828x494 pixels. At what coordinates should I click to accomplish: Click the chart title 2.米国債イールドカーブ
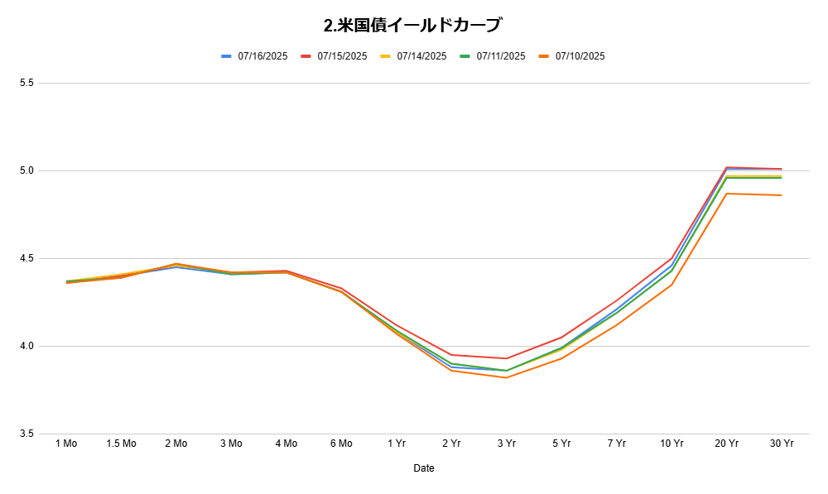point(413,25)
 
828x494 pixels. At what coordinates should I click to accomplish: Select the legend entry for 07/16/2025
point(254,56)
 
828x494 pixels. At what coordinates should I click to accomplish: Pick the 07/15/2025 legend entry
point(334,56)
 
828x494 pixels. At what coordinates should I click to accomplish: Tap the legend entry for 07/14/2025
point(413,56)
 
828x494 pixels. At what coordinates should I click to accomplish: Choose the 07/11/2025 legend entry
point(493,56)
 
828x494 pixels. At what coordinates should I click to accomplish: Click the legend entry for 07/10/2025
point(572,56)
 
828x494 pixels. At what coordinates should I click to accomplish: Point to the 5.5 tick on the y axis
point(27,83)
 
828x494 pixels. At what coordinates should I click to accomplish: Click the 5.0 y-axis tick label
point(27,170)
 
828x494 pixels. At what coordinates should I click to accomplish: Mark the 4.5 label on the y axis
point(27,259)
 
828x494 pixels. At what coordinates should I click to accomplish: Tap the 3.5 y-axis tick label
point(27,434)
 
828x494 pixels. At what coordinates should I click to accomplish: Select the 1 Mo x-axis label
point(66,444)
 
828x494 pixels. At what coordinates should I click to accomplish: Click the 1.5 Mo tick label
point(122,444)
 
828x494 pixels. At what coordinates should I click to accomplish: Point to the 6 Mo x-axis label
point(341,444)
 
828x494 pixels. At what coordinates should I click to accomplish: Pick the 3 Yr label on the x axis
point(507,444)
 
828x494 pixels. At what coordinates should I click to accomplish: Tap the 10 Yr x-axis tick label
point(672,444)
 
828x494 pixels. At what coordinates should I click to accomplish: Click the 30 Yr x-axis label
point(782,444)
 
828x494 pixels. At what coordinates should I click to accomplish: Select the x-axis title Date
point(423,468)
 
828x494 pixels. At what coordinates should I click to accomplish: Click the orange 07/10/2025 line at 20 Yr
point(727,194)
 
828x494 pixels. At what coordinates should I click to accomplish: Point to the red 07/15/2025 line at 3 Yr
point(507,358)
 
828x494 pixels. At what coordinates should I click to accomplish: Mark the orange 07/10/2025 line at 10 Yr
point(672,285)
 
